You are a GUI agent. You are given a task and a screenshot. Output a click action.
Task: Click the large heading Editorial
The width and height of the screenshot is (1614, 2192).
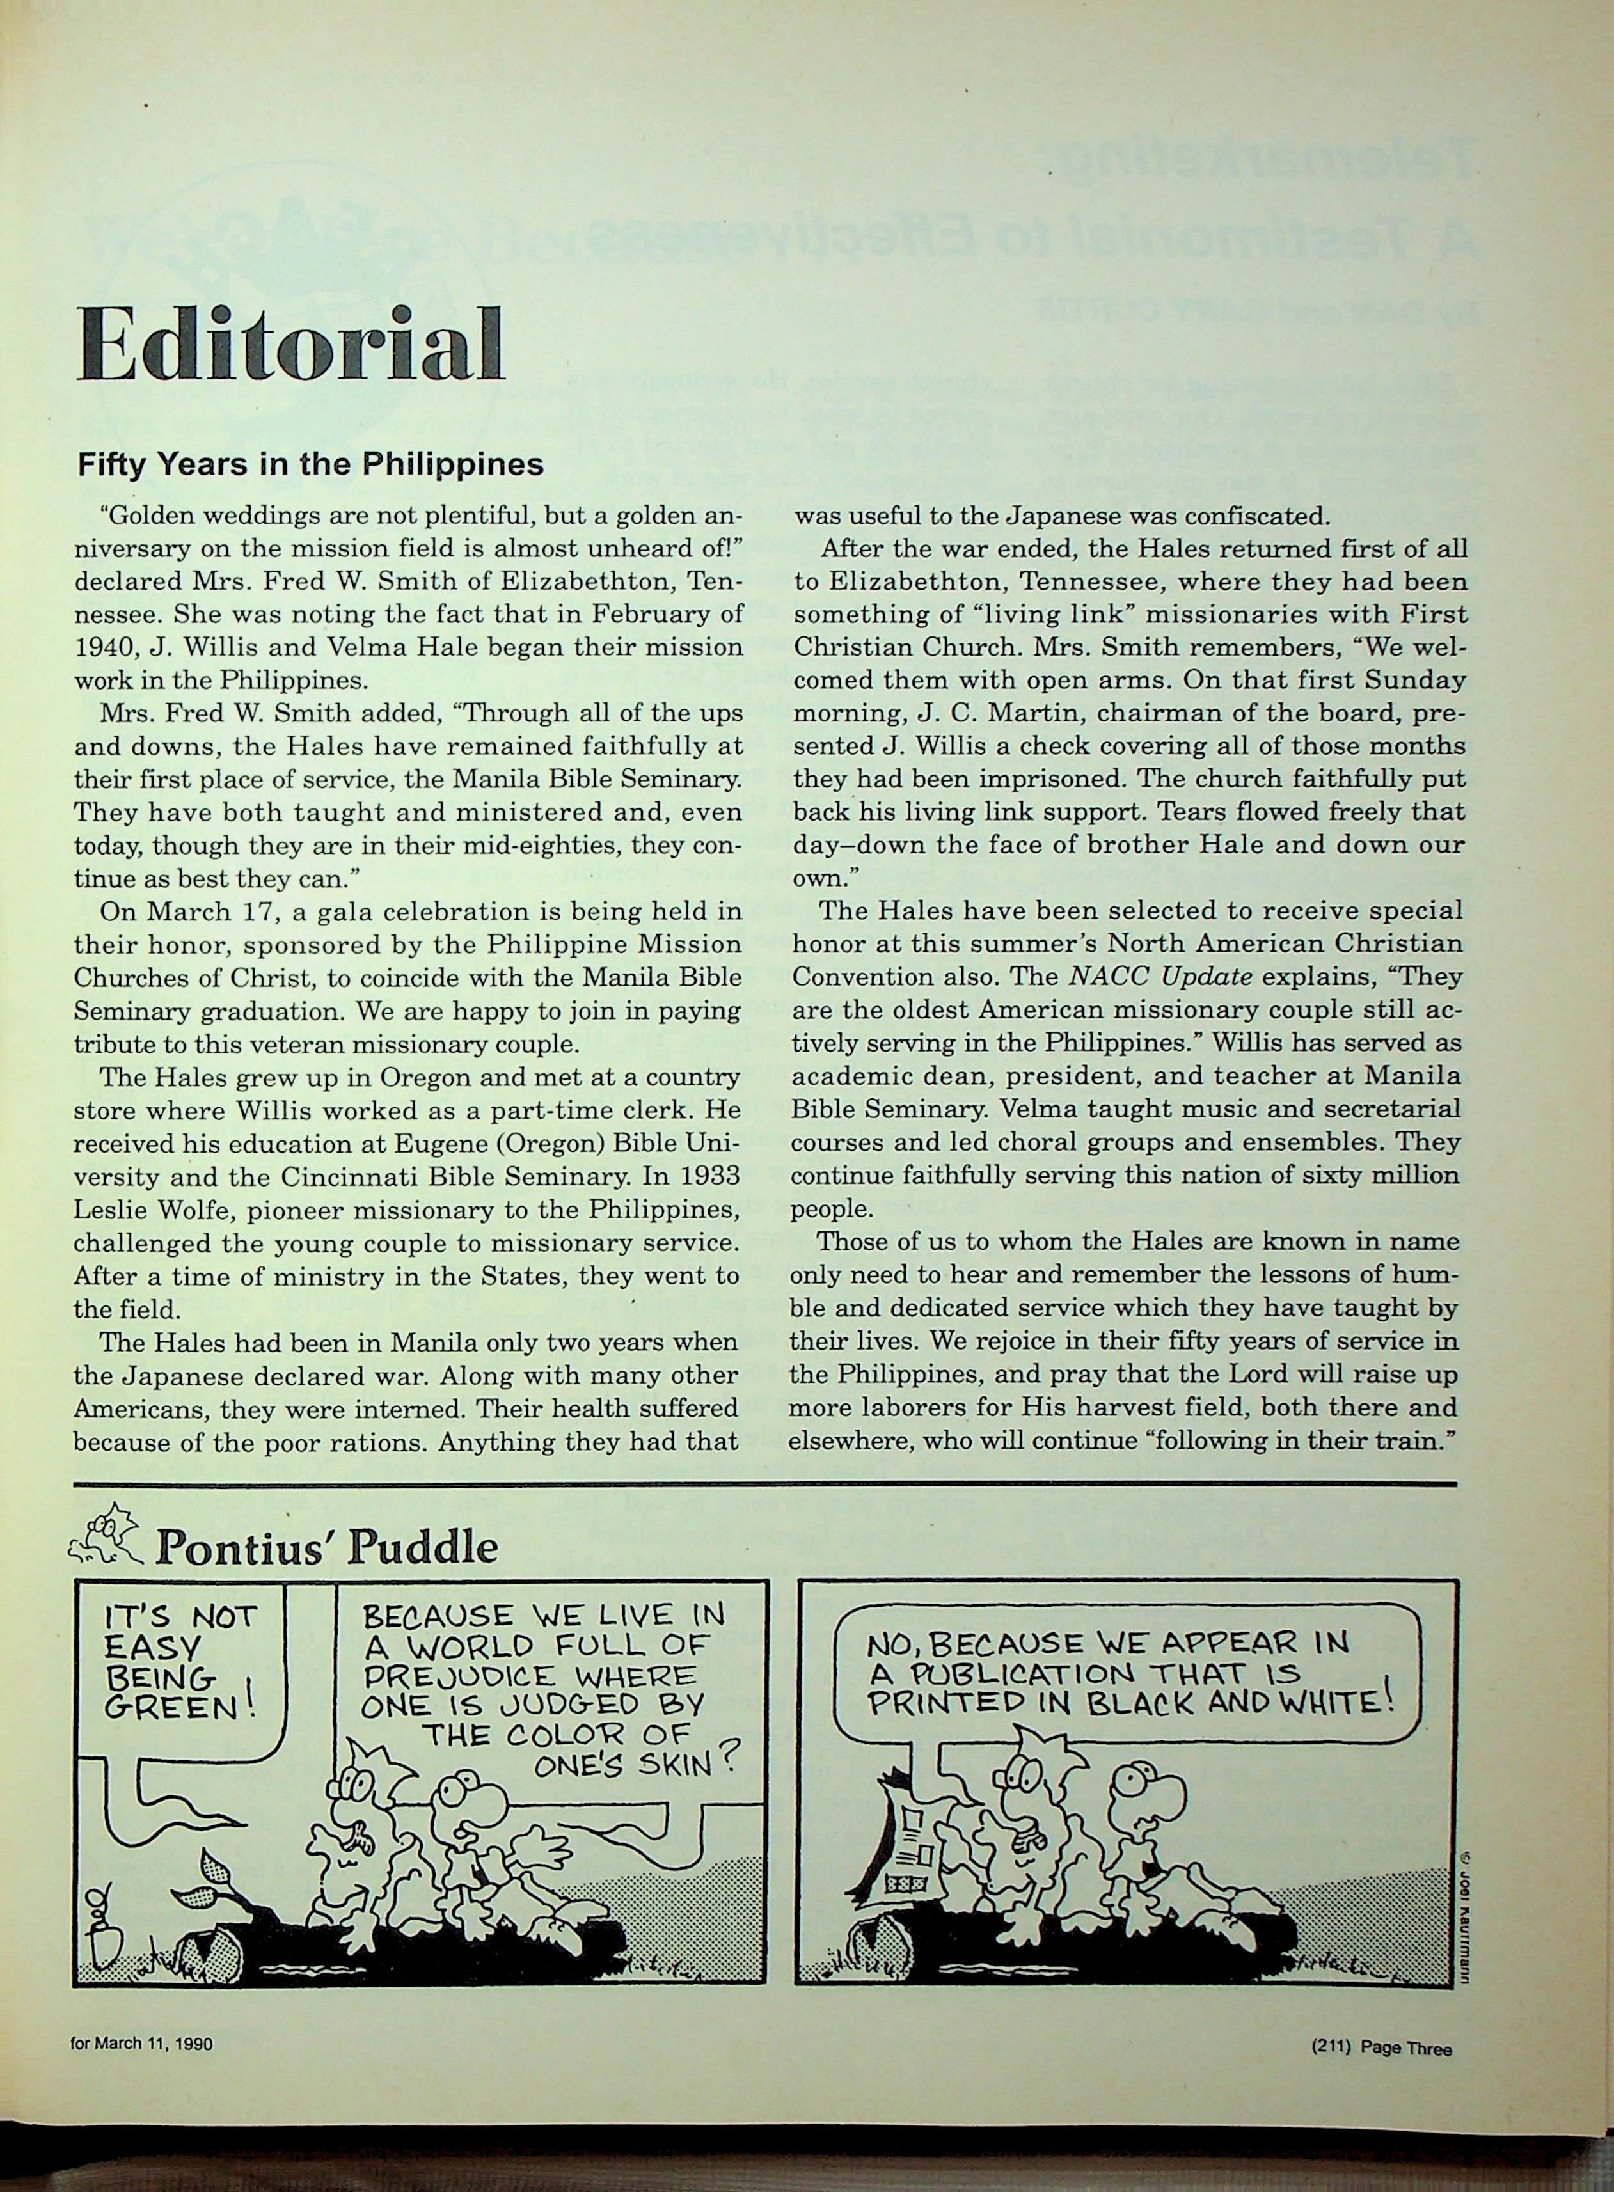290,347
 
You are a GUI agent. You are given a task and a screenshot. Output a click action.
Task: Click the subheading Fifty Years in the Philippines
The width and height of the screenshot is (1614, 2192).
311,464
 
